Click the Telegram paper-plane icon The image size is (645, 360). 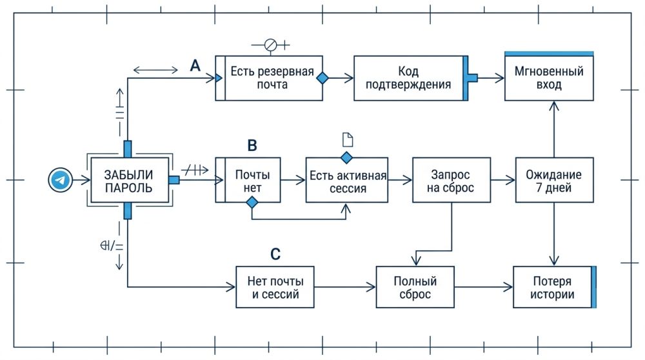(60, 180)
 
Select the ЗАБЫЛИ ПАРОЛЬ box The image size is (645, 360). (129, 180)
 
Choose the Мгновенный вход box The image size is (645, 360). (549, 77)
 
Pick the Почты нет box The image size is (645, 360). (248, 181)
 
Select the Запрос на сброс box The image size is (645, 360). (451, 181)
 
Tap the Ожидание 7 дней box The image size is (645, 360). (553, 181)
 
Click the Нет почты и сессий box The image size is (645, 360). (275, 288)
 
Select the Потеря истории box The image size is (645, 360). (553, 288)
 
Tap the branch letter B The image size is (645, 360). (252, 145)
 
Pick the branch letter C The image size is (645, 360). (275, 254)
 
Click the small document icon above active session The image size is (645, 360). (347, 138)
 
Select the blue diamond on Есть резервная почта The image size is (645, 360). (321, 77)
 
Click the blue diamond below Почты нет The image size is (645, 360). (252, 203)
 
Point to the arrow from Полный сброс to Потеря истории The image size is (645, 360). (484, 288)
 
